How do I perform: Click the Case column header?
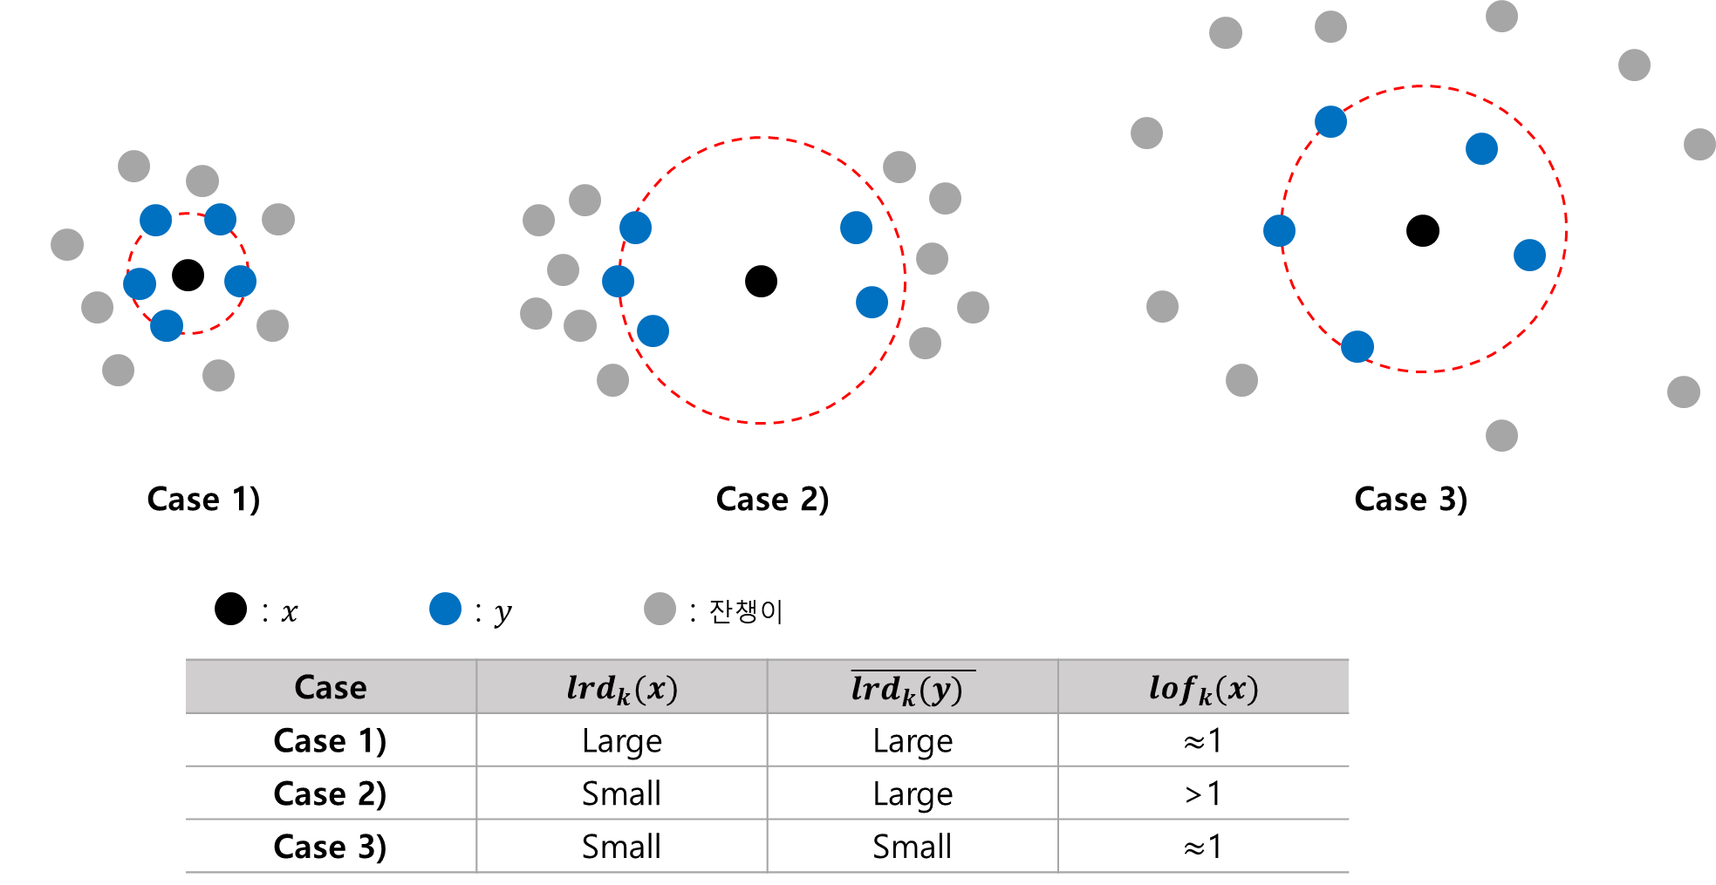tap(331, 687)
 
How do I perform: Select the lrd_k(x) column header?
tap(621, 688)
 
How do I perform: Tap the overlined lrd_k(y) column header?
tap(912, 688)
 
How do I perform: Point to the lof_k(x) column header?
tap(1203, 688)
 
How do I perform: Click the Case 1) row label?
tap(331, 740)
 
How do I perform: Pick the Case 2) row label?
tap(331, 793)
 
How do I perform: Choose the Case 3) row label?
tap(331, 847)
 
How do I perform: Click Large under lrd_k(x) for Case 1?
tap(621, 741)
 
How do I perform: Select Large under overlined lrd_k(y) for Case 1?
tap(913, 741)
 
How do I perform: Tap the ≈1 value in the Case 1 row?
tap(1203, 741)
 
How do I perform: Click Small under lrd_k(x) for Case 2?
tap(621, 793)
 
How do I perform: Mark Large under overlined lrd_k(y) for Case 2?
tap(913, 794)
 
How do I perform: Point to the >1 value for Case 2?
tap(1203, 793)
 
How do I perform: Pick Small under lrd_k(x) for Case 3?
tap(621, 847)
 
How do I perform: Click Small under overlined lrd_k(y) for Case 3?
tap(913, 847)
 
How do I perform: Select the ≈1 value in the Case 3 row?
tap(1203, 847)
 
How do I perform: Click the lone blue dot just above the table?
tap(445, 609)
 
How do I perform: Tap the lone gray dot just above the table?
tap(660, 609)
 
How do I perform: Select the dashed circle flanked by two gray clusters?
tap(762, 138)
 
